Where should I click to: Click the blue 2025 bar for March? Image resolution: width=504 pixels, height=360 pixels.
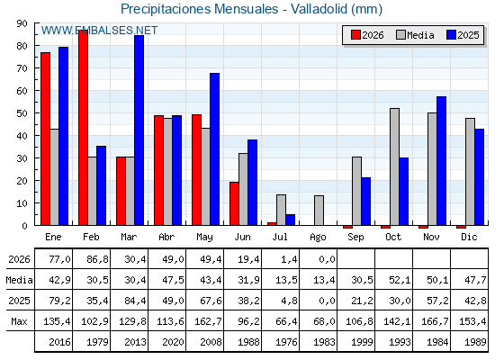[x=139, y=130]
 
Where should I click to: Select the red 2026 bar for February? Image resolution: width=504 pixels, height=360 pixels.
[x=83, y=128]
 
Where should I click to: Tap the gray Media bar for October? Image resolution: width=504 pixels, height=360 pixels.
[x=395, y=166]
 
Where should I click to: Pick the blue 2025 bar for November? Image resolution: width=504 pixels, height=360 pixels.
[x=441, y=161]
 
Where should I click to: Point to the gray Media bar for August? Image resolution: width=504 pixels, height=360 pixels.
[x=319, y=211]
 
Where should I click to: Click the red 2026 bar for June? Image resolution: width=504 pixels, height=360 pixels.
[x=234, y=203]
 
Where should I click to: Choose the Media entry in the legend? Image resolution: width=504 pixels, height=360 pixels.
[x=415, y=35]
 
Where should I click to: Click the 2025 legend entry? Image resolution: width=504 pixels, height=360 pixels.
[x=463, y=35]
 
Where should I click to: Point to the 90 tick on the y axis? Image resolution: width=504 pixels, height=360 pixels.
[x=22, y=23]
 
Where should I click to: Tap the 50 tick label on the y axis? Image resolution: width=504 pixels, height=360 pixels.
[x=22, y=113]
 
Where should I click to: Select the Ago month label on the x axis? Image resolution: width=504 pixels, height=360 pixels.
[x=318, y=238]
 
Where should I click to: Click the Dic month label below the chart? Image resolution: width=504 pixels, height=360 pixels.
[x=469, y=237]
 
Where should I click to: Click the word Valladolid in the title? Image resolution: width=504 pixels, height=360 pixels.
[x=319, y=9]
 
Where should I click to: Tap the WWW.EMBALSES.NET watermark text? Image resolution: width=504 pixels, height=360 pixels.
[x=99, y=31]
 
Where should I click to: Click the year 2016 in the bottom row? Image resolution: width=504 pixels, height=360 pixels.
[x=59, y=342]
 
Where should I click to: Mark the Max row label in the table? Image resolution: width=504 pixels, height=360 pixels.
[x=19, y=321]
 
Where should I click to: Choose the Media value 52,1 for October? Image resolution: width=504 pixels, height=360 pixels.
[x=400, y=280]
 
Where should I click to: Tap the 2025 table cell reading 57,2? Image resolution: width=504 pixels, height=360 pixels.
[x=437, y=301]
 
